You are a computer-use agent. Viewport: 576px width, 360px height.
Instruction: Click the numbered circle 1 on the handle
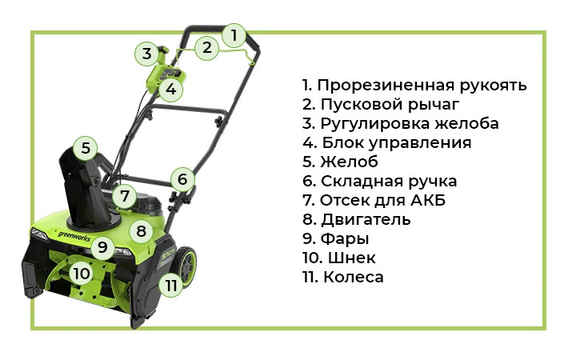(x=234, y=35)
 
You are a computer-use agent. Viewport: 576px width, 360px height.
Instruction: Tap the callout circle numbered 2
(x=207, y=47)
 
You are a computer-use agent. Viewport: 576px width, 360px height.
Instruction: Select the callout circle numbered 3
(x=146, y=54)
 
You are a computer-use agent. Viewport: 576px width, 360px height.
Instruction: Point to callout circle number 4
(x=171, y=89)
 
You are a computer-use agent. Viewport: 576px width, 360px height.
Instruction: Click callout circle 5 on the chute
(x=85, y=147)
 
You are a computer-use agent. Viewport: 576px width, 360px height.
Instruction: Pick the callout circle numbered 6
(x=182, y=179)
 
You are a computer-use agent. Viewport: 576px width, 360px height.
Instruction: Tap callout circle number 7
(x=123, y=195)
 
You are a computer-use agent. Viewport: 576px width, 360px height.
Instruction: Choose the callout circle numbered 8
(x=142, y=231)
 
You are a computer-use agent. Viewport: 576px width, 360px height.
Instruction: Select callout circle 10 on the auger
(x=81, y=274)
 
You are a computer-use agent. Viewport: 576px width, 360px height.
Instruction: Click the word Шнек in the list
(x=353, y=258)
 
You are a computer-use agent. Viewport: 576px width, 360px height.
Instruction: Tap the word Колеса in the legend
(x=354, y=277)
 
